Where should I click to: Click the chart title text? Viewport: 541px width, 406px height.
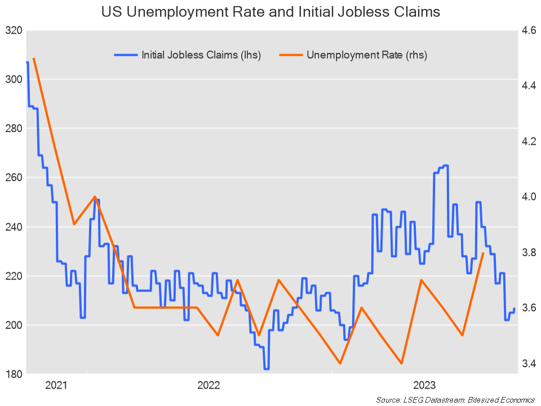tap(270, 12)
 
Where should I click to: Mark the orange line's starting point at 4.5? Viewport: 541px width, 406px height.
tap(34, 58)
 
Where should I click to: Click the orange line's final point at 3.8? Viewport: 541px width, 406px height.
tap(484, 253)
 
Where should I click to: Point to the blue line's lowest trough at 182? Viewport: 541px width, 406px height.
tap(267, 369)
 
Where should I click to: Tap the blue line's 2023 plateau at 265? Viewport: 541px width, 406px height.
tap(445, 166)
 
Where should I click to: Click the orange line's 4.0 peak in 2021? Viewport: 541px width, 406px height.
tap(95, 197)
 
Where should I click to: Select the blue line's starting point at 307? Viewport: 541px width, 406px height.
tap(27, 62)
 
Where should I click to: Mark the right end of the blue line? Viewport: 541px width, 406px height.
tap(515, 308)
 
